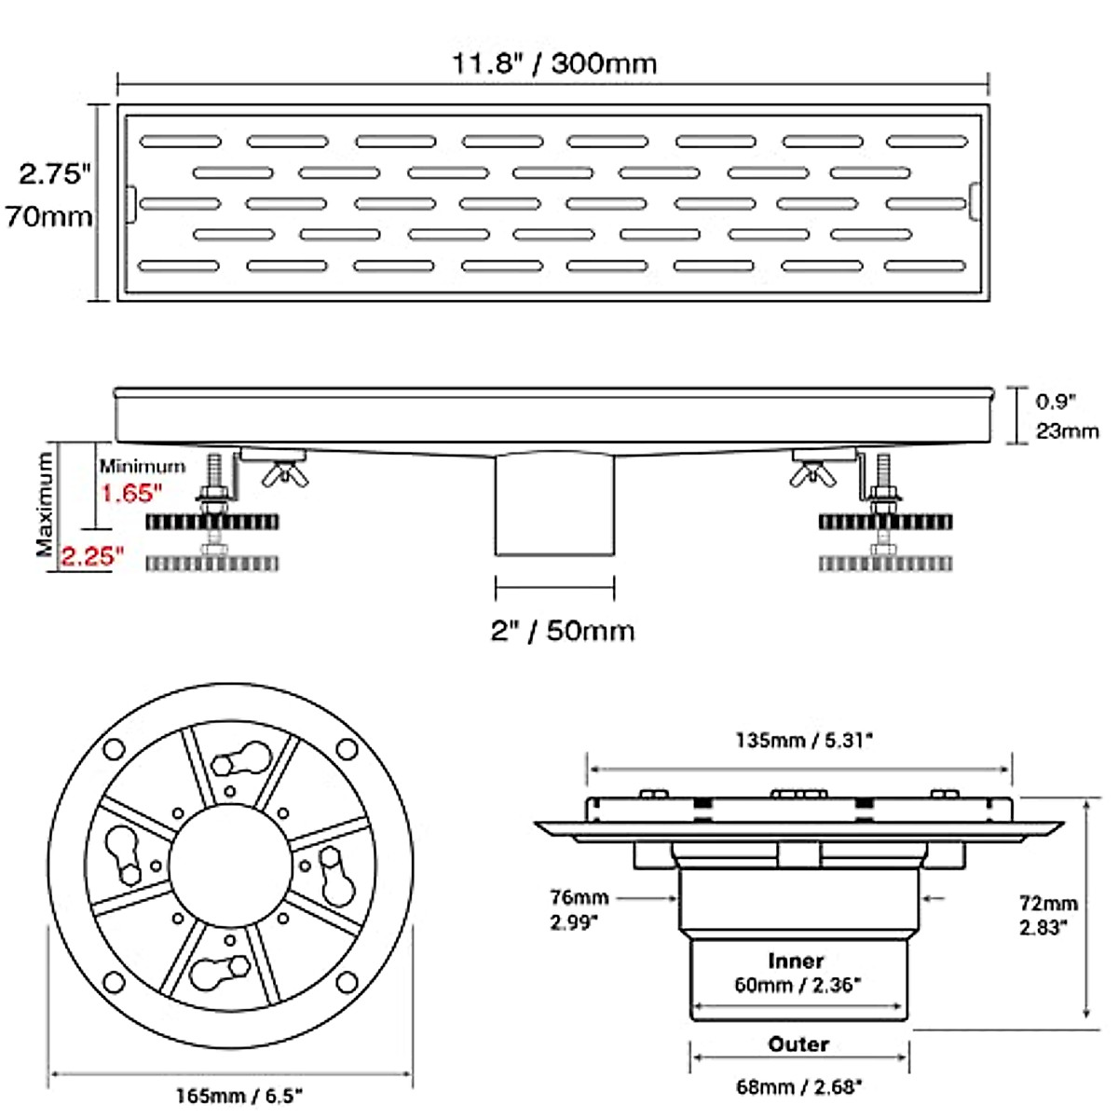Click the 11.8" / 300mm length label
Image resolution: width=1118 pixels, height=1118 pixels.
tap(554, 64)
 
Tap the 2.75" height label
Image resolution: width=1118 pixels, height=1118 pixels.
tap(55, 173)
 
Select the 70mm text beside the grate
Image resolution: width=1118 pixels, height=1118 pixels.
tap(48, 217)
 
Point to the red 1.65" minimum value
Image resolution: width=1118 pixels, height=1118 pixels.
tap(131, 494)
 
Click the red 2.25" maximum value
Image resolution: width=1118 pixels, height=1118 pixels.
tap(92, 556)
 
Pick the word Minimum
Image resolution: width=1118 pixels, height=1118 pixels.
tap(143, 467)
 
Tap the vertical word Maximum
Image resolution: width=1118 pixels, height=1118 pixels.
tap(45, 505)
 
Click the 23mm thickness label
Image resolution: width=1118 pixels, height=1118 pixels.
tap(1067, 431)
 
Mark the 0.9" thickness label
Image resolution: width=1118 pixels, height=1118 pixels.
tap(1056, 402)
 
